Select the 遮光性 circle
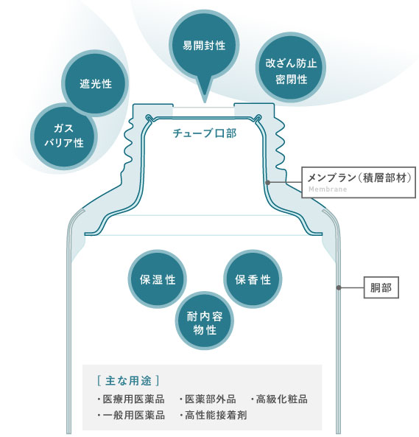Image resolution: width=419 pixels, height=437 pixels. (x=95, y=83)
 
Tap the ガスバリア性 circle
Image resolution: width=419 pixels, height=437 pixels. (x=64, y=136)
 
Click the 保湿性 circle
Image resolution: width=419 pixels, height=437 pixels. (x=158, y=279)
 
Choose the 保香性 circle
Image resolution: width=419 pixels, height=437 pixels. (x=253, y=279)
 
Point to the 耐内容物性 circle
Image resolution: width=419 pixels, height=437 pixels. (x=205, y=321)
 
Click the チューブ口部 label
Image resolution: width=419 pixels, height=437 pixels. (x=205, y=133)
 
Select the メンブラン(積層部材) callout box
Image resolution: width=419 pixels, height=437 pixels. (x=359, y=182)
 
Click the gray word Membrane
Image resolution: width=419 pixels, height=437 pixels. (x=328, y=189)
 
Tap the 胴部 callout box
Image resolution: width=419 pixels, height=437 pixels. (x=381, y=287)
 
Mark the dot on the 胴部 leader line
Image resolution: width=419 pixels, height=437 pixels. (x=339, y=287)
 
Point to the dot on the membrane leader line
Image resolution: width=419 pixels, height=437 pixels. (x=268, y=183)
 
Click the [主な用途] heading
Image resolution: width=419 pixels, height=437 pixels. (x=128, y=380)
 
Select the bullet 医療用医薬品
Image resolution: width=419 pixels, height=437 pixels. (x=130, y=399)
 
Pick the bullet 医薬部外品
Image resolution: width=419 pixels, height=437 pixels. (x=208, y=399)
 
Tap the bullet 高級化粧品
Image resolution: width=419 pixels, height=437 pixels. (x=278, y=399)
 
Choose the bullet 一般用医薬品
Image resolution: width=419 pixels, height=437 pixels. (x=130, y=416)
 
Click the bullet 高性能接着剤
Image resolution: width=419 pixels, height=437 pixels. (x=213, y=416)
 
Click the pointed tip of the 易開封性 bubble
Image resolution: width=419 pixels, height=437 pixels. (x=205, y=102)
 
